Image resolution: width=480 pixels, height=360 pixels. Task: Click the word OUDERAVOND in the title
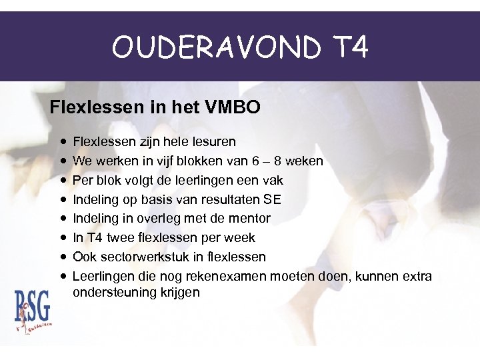click(212, 47)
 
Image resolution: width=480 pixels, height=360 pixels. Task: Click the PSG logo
click(33, 308)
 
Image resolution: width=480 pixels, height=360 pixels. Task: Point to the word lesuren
click(213, 142)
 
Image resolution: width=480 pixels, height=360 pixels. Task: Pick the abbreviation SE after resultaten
click(273, 199)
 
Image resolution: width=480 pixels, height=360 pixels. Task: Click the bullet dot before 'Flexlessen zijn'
click(61, 142)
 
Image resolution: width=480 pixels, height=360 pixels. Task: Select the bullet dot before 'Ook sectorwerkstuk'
click(61, 257)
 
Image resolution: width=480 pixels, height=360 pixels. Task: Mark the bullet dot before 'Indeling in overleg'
click(61, 219)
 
